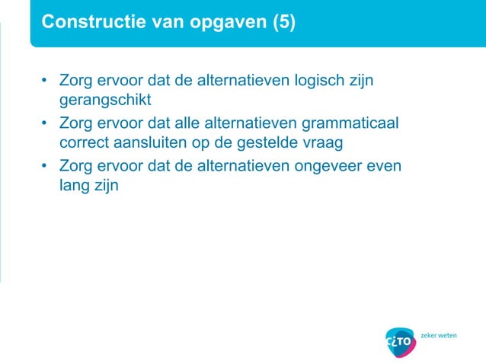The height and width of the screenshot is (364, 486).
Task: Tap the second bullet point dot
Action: point(46,123)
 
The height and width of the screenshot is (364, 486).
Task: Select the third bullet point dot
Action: point(46,164)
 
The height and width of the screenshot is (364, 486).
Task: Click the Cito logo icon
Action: point(401,340)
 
